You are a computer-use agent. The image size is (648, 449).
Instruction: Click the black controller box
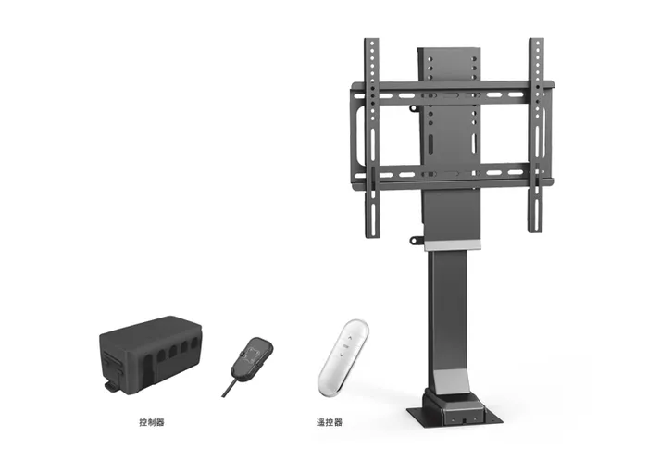click(x=151, y=355)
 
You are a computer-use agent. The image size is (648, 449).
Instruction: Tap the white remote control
click(x=343, y=358)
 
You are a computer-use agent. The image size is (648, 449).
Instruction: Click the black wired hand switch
click(x=252, y=355)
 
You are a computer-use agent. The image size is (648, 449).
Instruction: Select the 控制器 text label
click(x=152, y=422)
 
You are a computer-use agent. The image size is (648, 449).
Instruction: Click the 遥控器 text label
click(x=330, y=422)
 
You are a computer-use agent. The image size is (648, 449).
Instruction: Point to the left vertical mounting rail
click(x=372, y=138)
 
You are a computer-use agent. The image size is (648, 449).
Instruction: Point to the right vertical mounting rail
click(x=536, y=135)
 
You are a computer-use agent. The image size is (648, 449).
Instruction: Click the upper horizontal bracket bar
click(x=452, y=92)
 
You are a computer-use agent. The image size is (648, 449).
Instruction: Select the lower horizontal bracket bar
click(x=452, y=176)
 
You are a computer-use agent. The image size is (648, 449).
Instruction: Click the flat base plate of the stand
click(x=455, y=417)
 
